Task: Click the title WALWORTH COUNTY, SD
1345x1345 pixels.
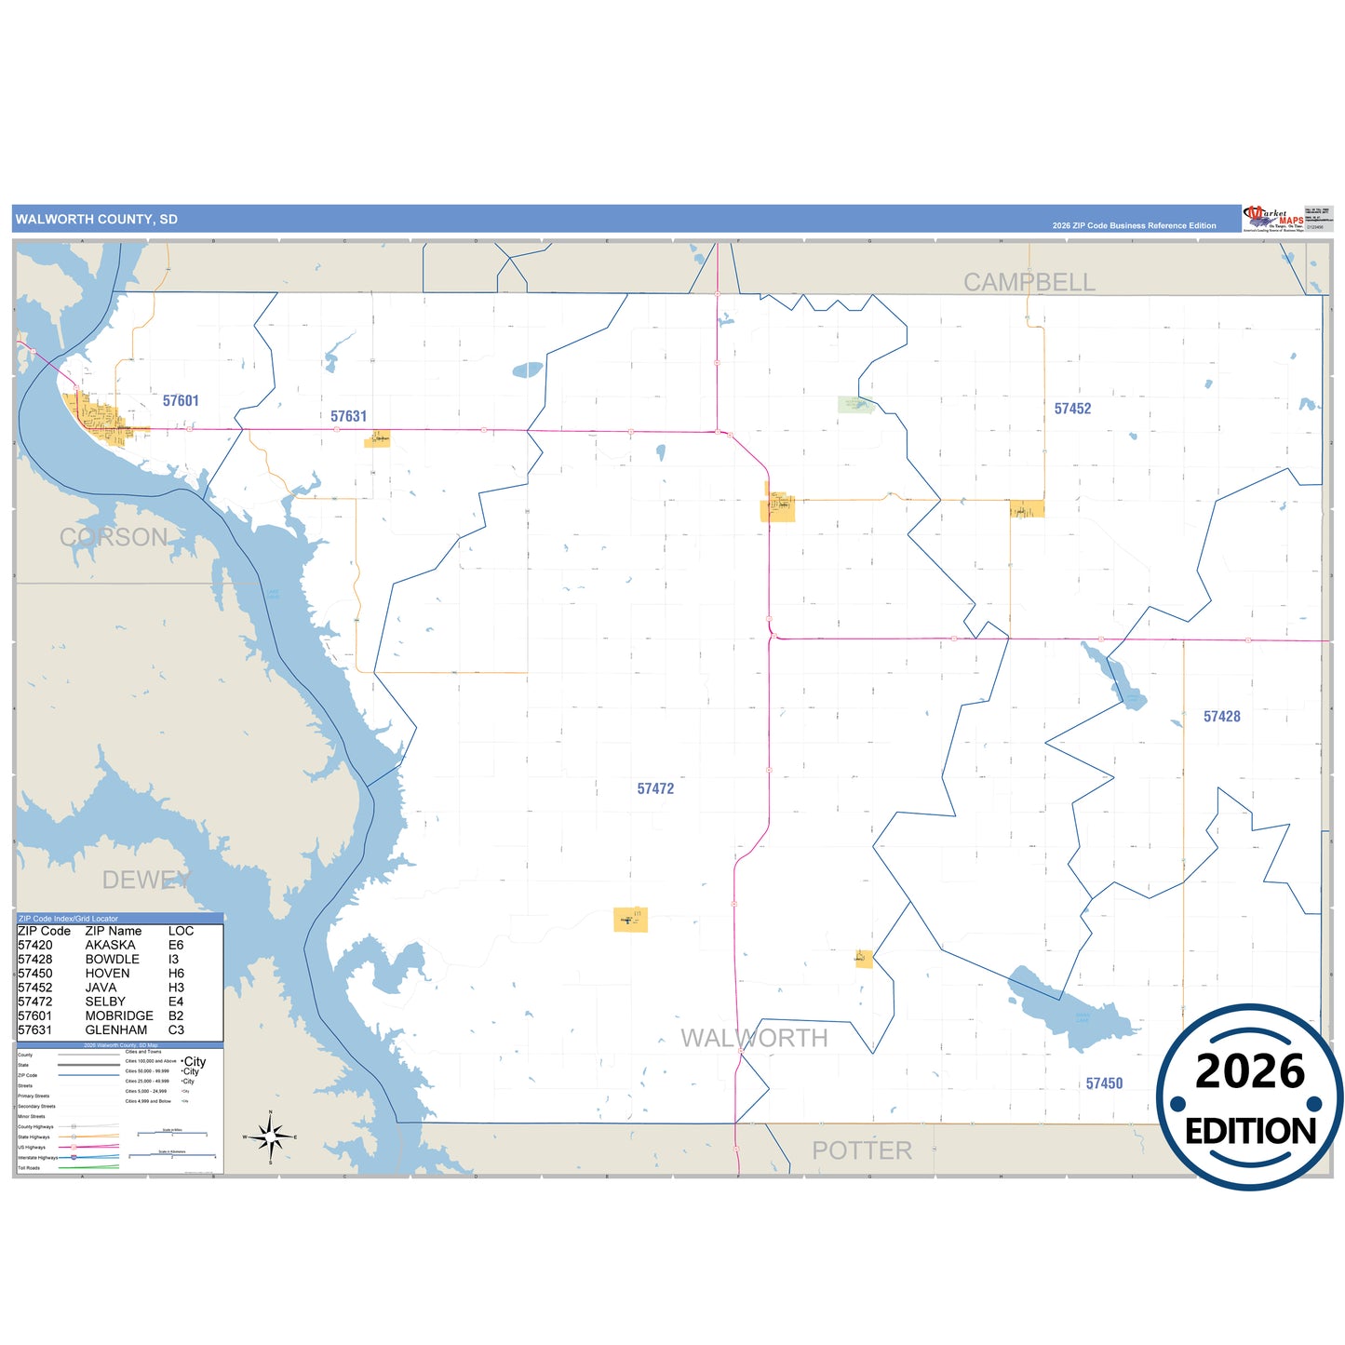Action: pos(96,220)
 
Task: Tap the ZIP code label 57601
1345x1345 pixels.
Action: pos(181,401)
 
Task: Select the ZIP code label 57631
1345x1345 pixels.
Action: pos(349,417)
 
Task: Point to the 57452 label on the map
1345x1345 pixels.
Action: pos(1072,409)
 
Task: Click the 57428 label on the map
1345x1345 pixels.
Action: pos(1221,717)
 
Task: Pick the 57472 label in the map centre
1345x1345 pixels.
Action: pos(655,789)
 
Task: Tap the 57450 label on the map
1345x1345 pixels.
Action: pos(1104,1083)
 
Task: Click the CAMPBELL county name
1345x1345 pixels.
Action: pos(1029,282)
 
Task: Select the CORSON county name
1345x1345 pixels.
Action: pos(114,537)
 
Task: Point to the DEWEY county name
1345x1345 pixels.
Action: pos(145,880)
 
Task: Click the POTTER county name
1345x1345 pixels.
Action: pos(862,1150)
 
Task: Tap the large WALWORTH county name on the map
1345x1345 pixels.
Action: pos(754,1038)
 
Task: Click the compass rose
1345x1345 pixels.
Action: pos(270,1137)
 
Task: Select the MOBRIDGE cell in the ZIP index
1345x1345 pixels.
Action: pos(119,1016)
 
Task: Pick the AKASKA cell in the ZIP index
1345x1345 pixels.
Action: pos(110,946)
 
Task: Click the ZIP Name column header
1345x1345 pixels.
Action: pos(114,931)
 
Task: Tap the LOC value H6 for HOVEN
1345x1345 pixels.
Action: pos(176,974)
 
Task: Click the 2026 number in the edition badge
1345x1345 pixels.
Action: pos(1250,1072)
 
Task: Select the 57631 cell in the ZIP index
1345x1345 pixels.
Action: pos(35,1030)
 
